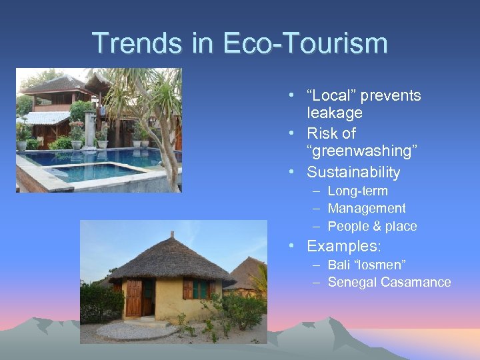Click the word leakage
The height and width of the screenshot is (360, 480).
tap(335, 113)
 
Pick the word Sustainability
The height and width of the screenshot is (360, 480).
tap(353, 172)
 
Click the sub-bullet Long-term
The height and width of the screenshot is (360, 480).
tap(358, 191)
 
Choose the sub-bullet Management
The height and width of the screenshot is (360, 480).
tap(367, 209)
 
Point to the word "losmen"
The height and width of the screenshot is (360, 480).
tap(383, 265)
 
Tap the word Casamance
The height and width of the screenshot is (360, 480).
tap(416, 282)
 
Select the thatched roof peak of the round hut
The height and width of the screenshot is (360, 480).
tap(171, 237)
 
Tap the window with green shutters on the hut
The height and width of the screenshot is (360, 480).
tap(199, 289)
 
